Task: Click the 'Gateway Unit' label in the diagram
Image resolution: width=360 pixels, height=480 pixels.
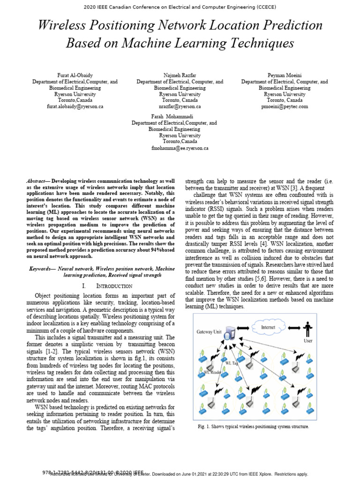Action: coord(209,331)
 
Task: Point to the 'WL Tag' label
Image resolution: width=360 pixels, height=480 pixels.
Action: coord(232,363)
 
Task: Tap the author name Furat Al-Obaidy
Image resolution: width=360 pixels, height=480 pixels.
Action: coord(75,75)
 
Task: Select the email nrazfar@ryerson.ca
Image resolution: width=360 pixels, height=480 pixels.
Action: coord(180,106)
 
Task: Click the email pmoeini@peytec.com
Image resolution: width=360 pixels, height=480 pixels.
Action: coord(285,106)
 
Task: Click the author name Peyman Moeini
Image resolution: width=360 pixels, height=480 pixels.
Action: coord(285,75)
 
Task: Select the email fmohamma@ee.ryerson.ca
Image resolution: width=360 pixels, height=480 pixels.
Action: coord(180,148)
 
